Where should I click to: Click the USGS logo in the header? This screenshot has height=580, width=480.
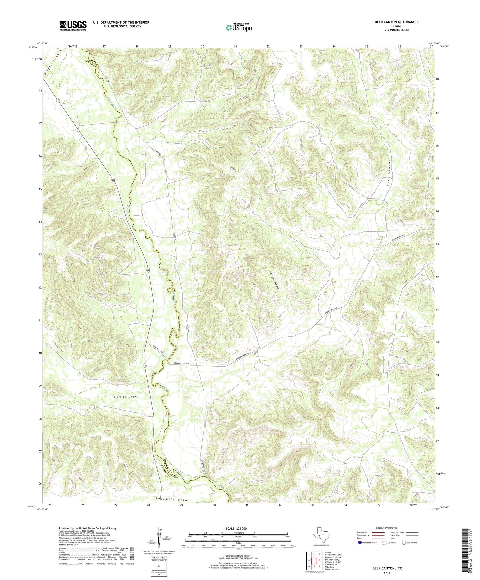coord(73,26)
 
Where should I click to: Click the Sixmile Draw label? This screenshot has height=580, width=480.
coord(125,397)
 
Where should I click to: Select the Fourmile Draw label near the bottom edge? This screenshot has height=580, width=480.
coord(171,500)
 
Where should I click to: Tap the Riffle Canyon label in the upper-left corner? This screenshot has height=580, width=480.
coord(53,63)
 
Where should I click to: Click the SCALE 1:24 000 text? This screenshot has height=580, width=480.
coord(236,529)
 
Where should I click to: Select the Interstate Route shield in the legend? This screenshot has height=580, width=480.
coord(361,543)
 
